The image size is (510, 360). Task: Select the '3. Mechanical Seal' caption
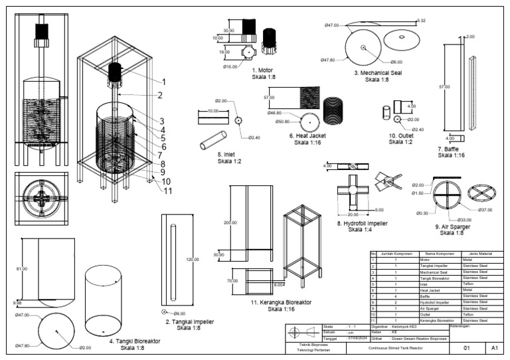pos(377,73)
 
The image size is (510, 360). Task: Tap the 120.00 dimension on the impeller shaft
pos(192,259)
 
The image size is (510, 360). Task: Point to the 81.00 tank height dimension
pos(22,268)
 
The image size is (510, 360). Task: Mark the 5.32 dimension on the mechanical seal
pos(420,21)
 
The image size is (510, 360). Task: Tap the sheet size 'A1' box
pos(494,347)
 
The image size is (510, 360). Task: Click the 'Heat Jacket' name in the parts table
pos(433,290)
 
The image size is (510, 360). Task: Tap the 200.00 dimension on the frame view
pos(230,223)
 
